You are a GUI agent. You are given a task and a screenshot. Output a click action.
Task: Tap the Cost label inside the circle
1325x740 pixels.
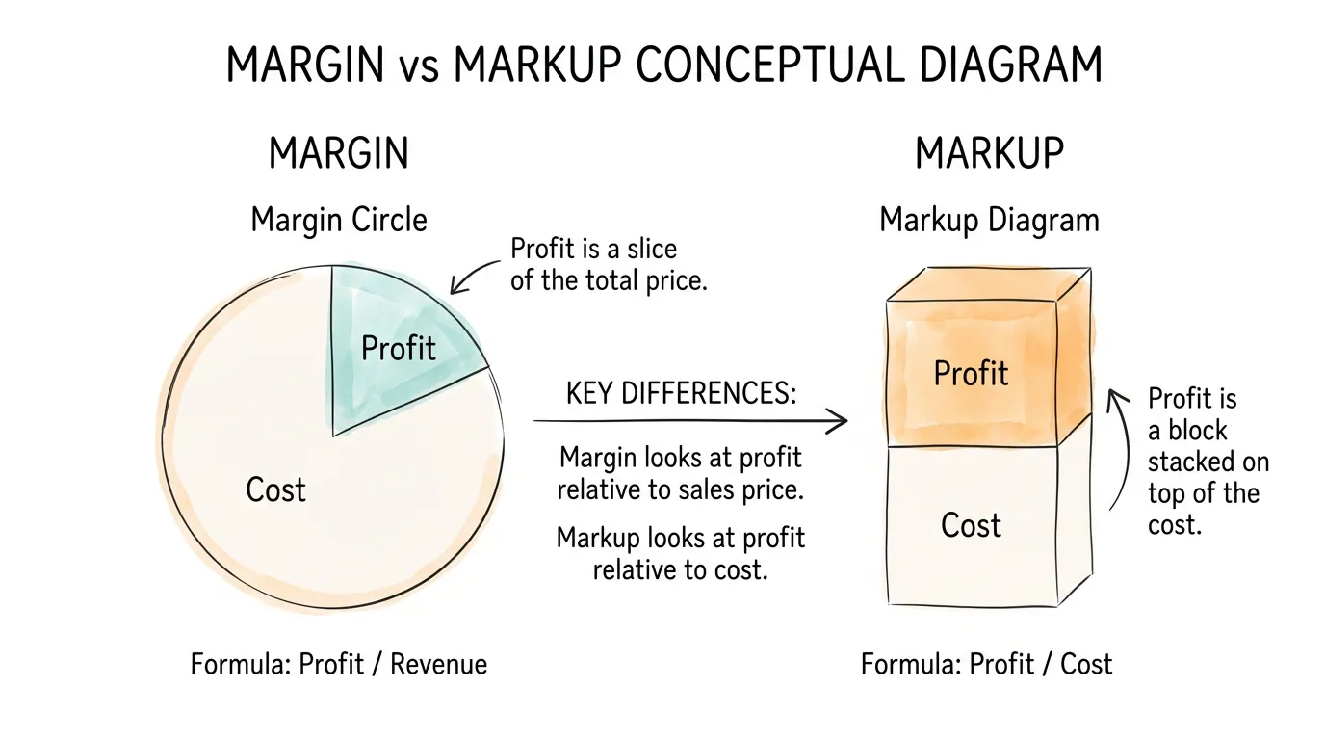275,489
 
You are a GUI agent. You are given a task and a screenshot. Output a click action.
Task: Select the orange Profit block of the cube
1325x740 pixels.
971,373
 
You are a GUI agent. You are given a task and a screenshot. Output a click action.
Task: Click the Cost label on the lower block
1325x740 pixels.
971,525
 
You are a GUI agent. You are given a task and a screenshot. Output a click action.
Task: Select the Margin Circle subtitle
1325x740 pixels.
339,220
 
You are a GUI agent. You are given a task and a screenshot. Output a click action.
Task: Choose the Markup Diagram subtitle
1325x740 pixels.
989,220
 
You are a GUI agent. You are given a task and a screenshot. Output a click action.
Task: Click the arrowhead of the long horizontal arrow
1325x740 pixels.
840,420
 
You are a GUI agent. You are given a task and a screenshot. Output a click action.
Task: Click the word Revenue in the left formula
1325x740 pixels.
438,664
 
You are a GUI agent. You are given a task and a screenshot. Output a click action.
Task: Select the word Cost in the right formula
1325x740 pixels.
1086,664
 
